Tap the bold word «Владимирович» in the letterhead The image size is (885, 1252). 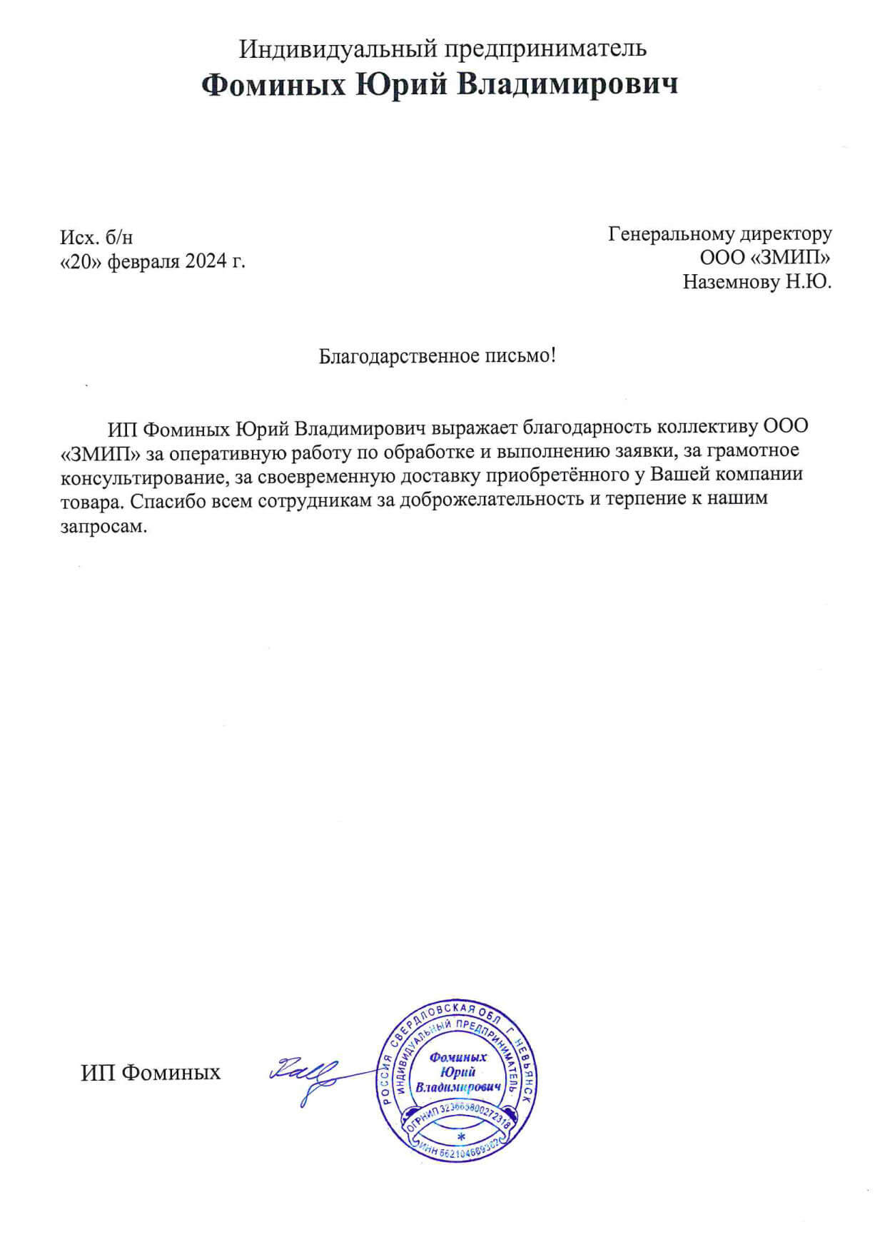pyautogui.click(x=567, y=85)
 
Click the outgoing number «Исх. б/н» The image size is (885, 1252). pyautogui.click(x=96, y=238)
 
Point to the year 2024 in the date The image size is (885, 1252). pyautogui.click(x=204, y=261)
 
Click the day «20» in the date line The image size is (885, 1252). pyautogui.click(x=80, y=261)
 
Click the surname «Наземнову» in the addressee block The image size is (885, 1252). pyautogui.click(x=731, y=282)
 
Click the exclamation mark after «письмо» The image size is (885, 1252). pyautogui.click(x=552, y=355)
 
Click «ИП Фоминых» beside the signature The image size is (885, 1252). pyautogui.click(x=151, y=1072)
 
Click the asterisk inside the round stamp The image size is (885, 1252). pyautogui.click(x=461, y=1136)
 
